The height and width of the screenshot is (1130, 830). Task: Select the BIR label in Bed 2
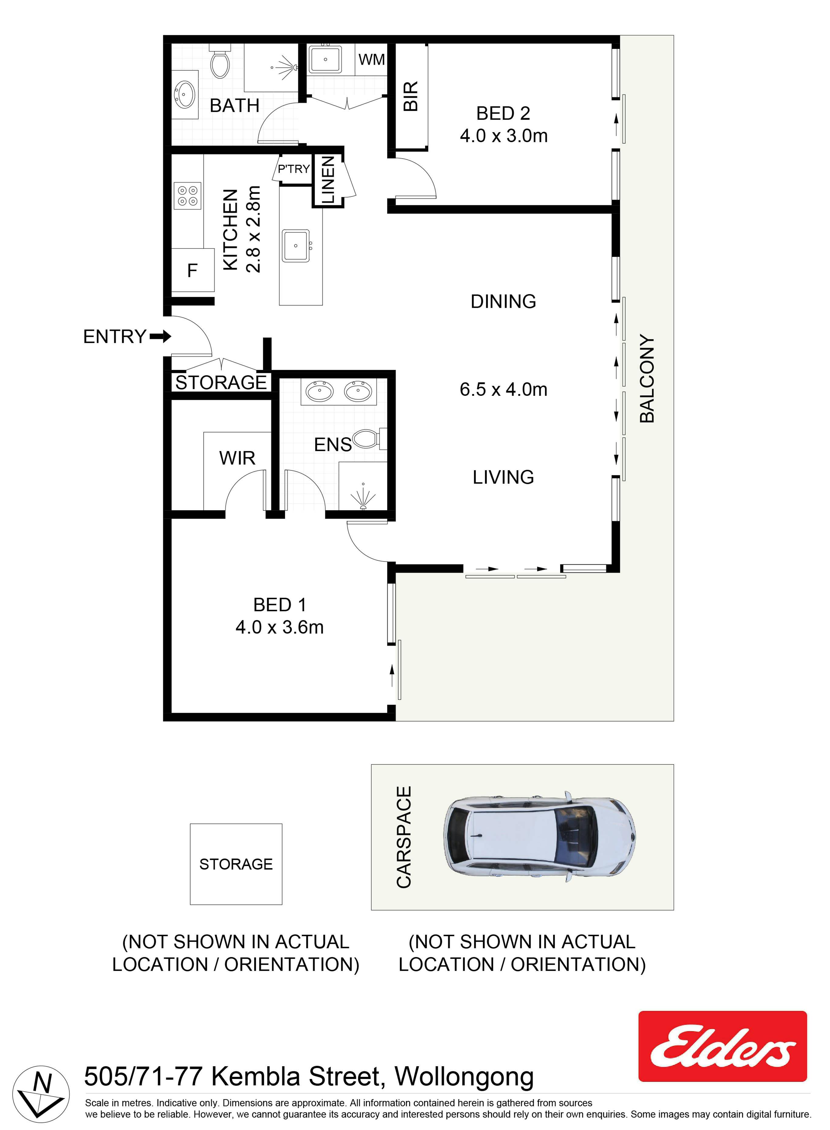click(411, 96)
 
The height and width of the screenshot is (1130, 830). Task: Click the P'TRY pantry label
click(294, 169)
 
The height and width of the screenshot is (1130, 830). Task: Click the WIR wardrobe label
click(237, 458)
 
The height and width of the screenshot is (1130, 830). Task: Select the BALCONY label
click(647, 379)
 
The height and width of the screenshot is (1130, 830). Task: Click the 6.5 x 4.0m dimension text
click(503, 389)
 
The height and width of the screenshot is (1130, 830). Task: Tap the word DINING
click(503, 301)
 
